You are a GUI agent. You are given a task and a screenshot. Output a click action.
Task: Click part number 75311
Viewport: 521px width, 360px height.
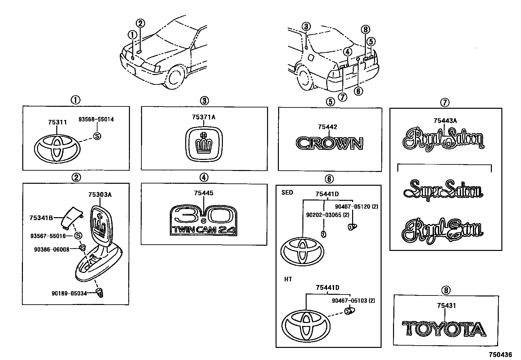click(x=57, y=123)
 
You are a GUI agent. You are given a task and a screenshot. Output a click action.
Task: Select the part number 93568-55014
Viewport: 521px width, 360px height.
click(x=96, y=120)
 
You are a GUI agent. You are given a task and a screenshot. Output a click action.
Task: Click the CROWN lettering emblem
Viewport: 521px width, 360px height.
click(x=330, y=143)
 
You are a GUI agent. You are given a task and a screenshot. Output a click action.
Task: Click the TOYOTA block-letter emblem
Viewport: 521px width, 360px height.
click(x=444, y=329)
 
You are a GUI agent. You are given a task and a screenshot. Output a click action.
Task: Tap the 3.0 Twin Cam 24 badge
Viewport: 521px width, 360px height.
click(x=203, y=220)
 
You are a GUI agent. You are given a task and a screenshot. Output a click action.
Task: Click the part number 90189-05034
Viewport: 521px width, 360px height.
click(x=69, y=293)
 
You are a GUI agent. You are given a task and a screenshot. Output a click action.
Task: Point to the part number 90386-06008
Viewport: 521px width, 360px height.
click(x=51, y=249)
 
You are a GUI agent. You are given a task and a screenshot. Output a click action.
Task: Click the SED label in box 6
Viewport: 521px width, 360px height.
click(x=287, y=193)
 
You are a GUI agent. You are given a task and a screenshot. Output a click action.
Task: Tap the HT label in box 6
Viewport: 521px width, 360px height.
click(x=288, y=279)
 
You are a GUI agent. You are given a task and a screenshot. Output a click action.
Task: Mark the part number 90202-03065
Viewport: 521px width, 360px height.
click(x=323, y=215)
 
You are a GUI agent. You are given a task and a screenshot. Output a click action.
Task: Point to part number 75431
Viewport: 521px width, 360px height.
click(x=446, y=306)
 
